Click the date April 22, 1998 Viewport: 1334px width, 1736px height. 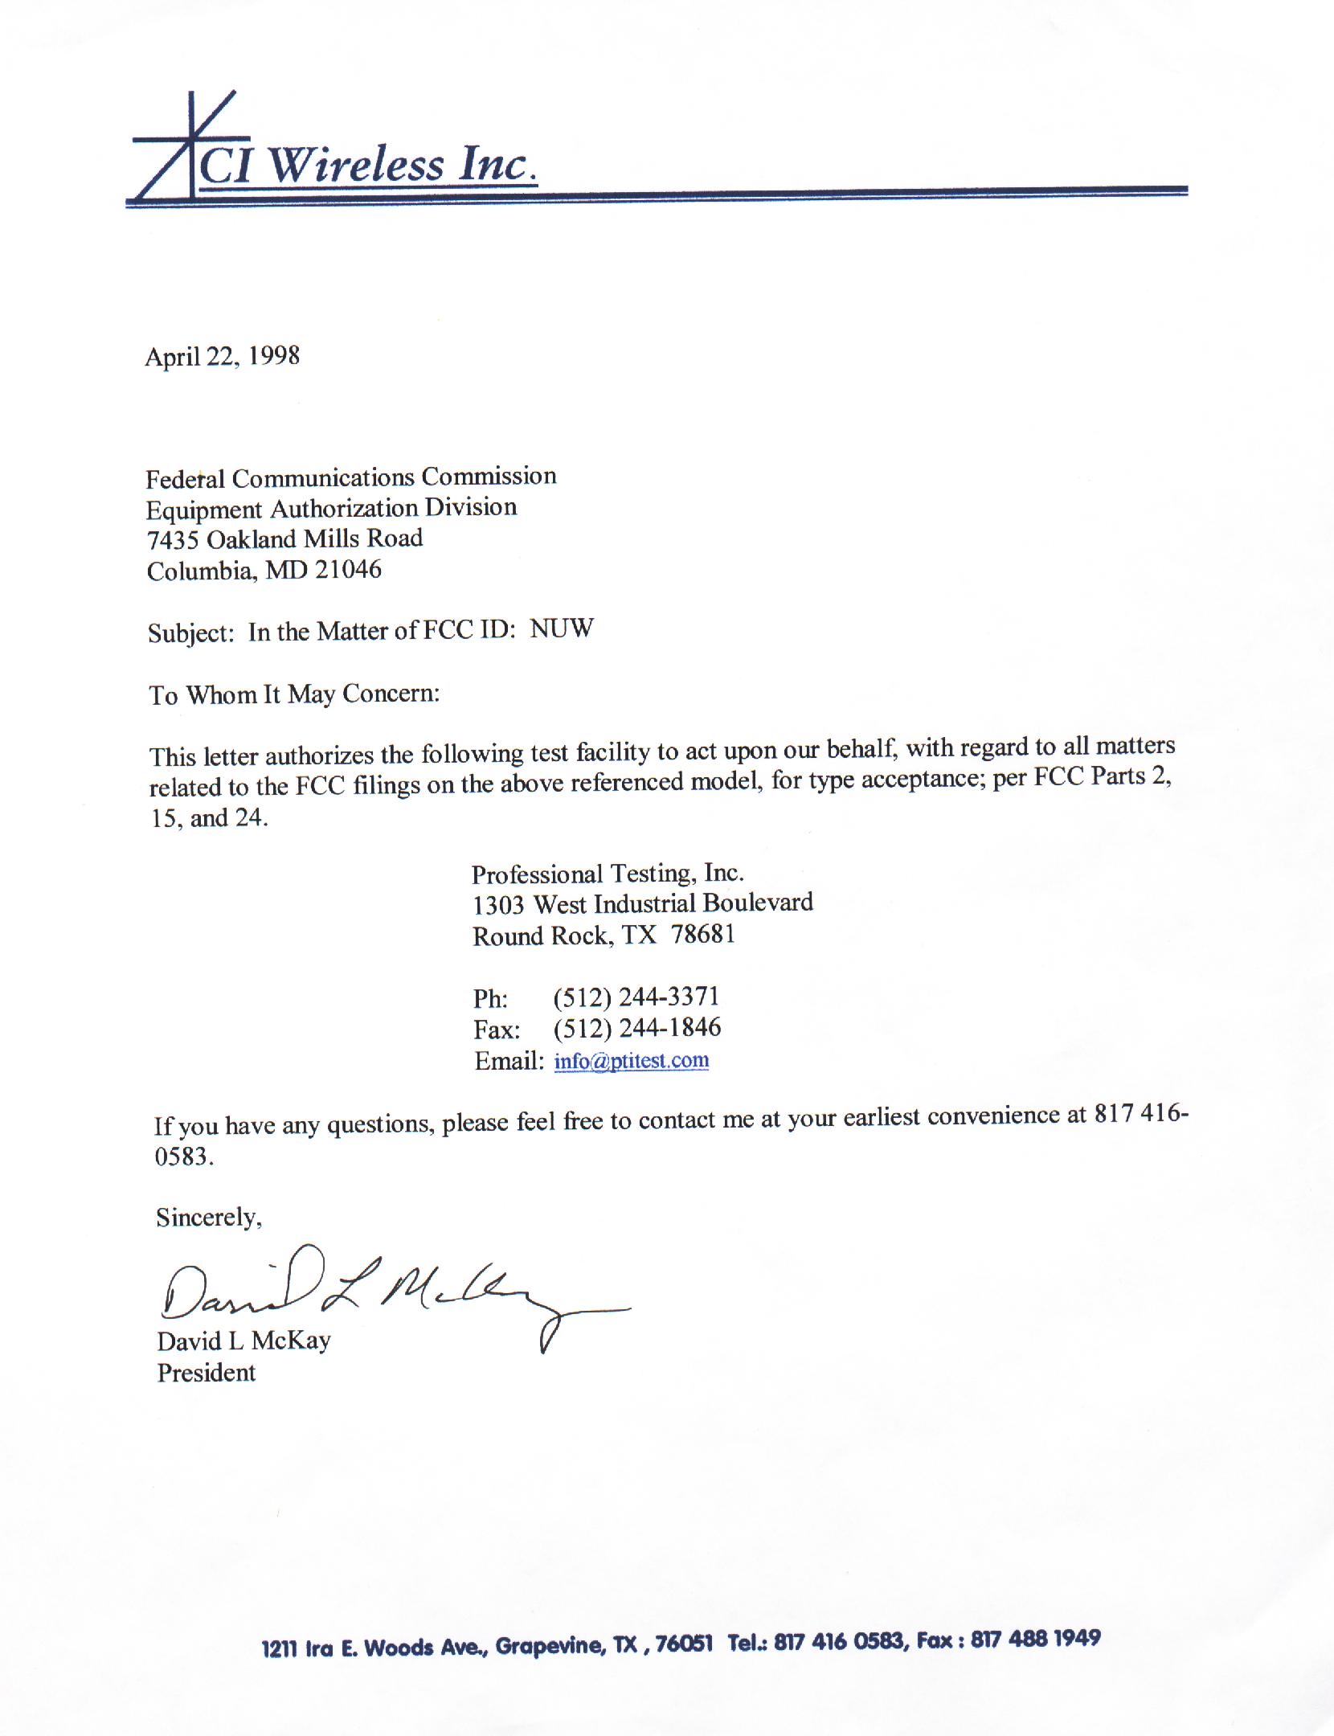pyautogui.click(x=222, y=356)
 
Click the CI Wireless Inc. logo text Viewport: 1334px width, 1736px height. pyautogui.click(x=366, y=166)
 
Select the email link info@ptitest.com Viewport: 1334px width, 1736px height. pyautogui.click(x=632, y=1061)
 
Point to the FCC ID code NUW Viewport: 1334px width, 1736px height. pyautogui.click(x=562, y=628)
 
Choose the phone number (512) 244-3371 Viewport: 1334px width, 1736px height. pyautogui.click(x=636, y=997)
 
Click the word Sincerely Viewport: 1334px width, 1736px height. pyautogui.click(x=209, y=1218)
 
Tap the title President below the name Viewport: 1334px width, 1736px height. pyautogui.click(x=207, y=1373)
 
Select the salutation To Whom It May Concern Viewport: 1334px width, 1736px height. pyautogui.click(x=294, y=694)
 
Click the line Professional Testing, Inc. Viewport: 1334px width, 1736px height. pyautogui.click(x=608, y=874)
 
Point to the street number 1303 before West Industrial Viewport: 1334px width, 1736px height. pyautogui.click(x=498, y=905)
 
